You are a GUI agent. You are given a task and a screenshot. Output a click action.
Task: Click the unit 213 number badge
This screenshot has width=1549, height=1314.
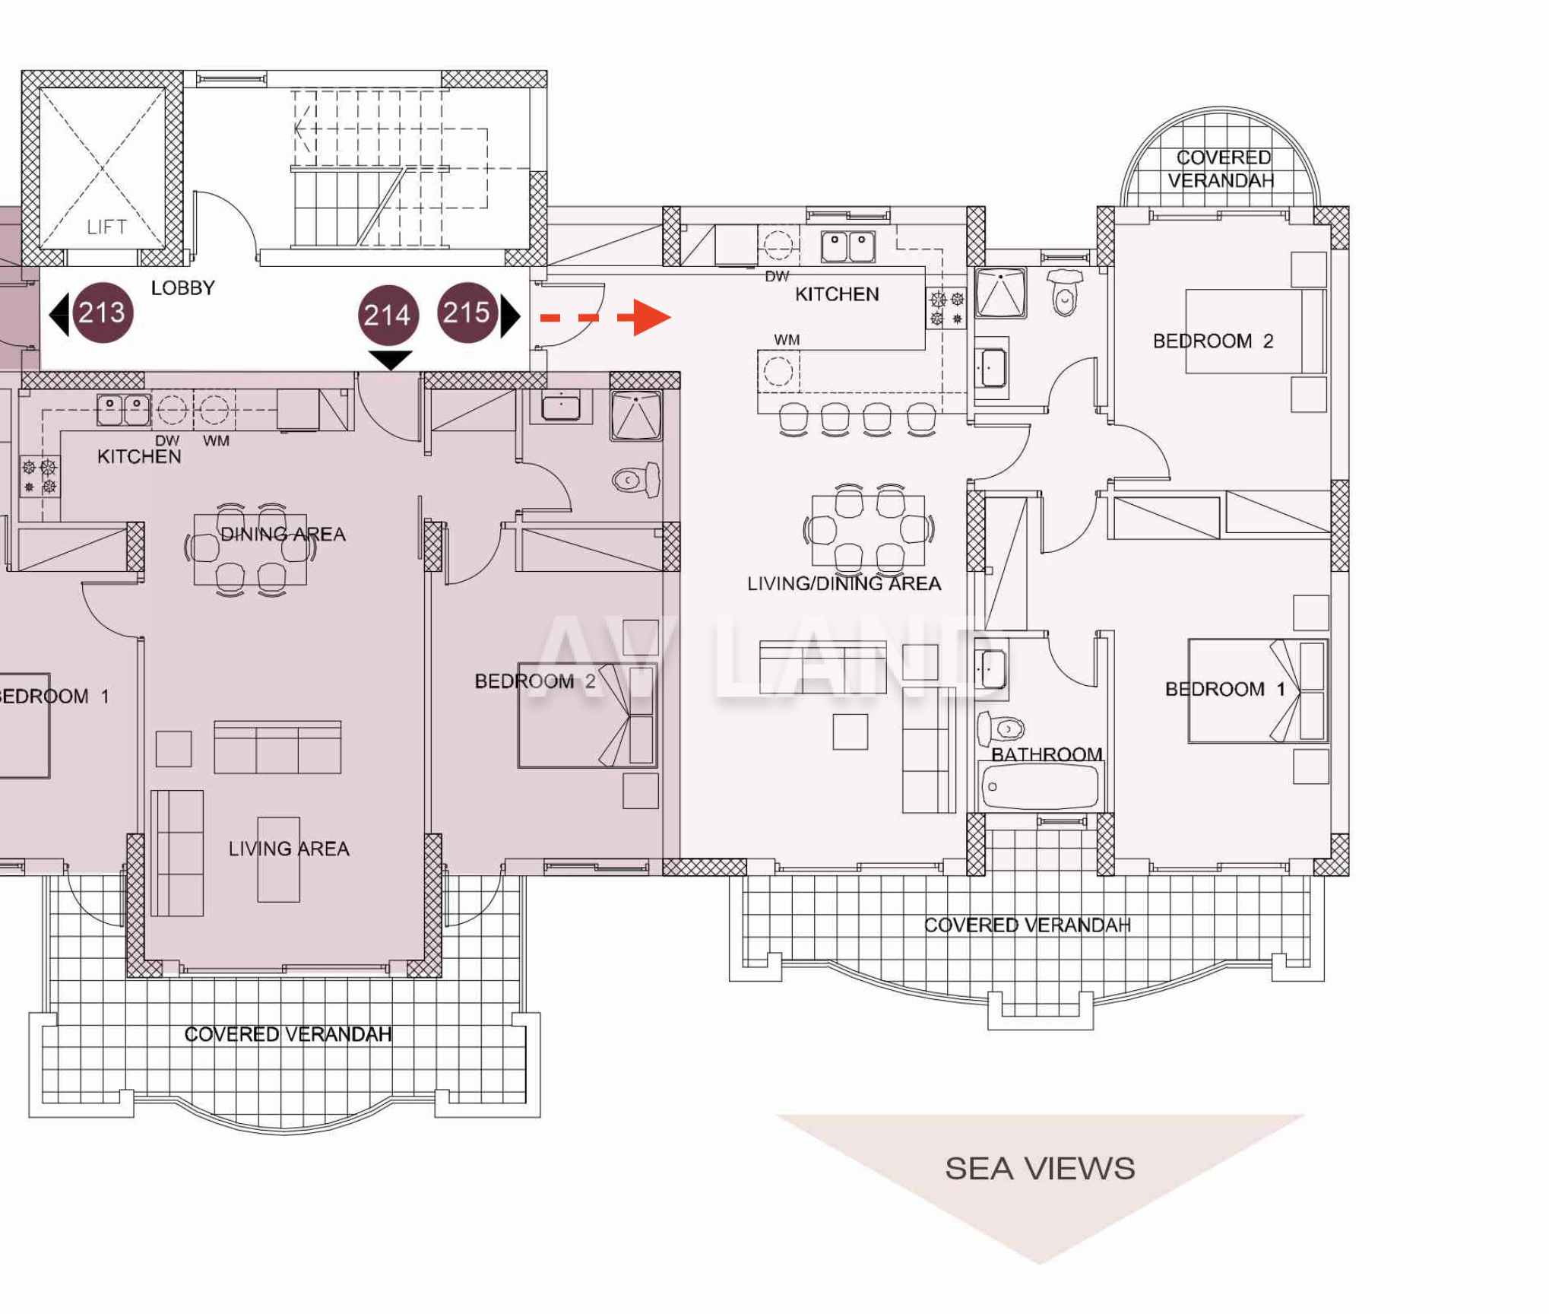pos(103,313)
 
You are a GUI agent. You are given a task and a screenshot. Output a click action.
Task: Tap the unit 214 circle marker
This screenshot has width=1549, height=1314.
pos(388,315)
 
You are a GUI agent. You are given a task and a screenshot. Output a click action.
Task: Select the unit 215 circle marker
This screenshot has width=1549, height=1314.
pos(467,313)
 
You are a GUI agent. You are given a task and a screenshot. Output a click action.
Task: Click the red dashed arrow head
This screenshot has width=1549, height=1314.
pos(652,317)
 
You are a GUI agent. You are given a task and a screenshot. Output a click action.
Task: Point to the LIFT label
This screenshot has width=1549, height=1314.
pos(106,227)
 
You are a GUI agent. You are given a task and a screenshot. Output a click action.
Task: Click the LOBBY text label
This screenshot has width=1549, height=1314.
pos(183,288)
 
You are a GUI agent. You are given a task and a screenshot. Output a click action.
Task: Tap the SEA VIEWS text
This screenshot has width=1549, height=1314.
pos(1040,1169)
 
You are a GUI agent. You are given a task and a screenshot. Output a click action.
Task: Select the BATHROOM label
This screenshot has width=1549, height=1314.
pos(1047,754)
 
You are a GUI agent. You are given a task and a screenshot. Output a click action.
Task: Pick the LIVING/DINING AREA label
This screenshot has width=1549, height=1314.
pos(844,583)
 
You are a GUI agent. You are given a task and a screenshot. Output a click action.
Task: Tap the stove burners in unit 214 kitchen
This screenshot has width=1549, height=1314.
pos(40,477)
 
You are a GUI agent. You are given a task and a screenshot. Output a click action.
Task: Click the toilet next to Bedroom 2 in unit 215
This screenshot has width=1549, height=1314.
pos(1066,291)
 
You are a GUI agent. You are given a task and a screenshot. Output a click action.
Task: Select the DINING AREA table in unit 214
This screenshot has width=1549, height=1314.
pos(250,550)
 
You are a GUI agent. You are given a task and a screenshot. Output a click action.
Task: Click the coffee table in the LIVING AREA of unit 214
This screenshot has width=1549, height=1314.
pos(279,859)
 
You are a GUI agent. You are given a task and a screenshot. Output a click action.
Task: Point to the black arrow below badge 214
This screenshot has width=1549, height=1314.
pos(390,359)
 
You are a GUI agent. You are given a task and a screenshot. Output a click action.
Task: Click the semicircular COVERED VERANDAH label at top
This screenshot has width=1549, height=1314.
pos(1221,169)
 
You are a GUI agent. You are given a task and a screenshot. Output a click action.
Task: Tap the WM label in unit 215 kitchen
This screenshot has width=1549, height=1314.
pos(787,340)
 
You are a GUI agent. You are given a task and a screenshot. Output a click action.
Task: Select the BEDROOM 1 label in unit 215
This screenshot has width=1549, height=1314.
pos(1225,689)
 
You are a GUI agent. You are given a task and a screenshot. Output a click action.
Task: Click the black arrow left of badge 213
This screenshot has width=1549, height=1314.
pos(59,314)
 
